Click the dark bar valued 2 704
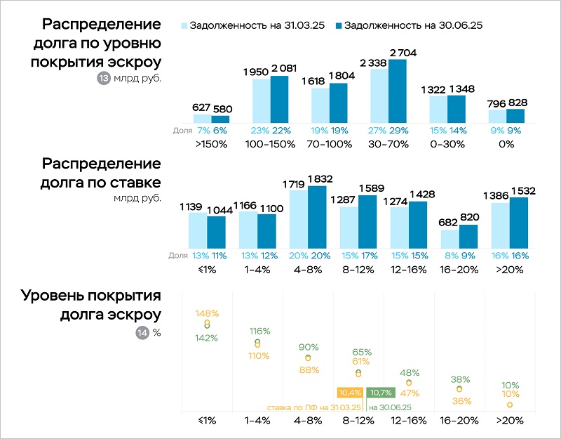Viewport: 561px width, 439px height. [398, 91]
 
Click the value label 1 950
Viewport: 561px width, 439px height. [257, 72]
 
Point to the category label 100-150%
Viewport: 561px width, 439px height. [271, 144]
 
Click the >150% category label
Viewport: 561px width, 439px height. [212, 144]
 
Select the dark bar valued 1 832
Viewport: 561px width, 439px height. [317, 218]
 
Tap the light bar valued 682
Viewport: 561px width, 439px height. [450, 239]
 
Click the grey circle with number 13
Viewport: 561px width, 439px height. [103, 79]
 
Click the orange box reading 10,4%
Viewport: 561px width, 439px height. [349, 392]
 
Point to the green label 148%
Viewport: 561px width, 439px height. [207, 313]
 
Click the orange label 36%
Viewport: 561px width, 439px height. [460, 401]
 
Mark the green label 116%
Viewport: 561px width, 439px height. [259, 330]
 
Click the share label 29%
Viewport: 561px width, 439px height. [398, 130]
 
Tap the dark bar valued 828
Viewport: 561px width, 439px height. [516, 116]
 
